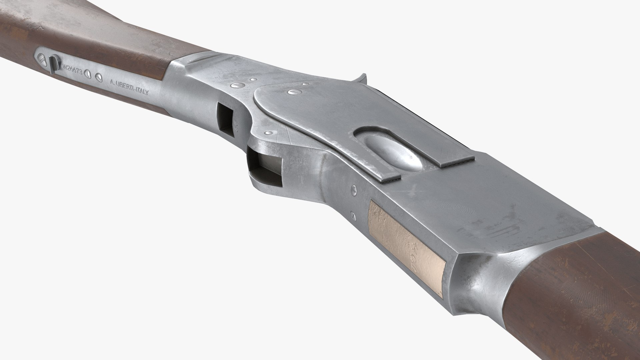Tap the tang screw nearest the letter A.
tap(98, 77)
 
